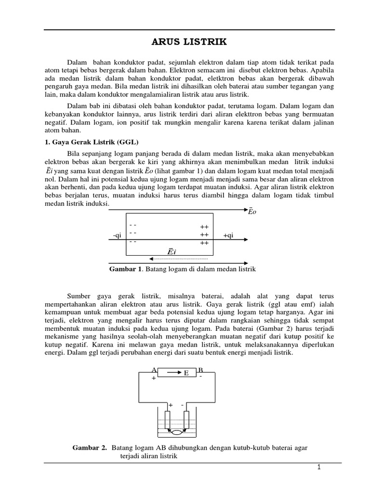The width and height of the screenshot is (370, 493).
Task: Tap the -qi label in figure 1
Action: [117, 235]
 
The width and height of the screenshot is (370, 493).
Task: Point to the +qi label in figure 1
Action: [228, 235]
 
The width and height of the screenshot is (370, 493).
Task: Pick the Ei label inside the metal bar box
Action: [172, 251]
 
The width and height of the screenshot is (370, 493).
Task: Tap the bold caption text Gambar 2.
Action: [90, 448]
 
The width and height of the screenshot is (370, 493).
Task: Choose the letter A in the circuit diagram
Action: [154, 370]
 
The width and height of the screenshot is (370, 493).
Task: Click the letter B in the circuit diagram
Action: [200, 370]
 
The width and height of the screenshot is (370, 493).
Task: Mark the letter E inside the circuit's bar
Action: [186, 373]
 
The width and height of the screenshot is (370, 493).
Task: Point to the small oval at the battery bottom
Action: [177, 432]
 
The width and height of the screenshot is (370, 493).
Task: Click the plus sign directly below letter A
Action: [154, 378]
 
